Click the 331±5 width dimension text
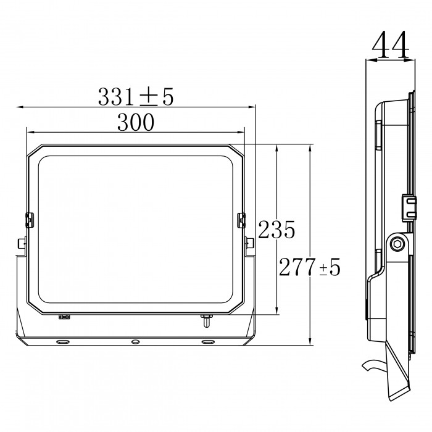(x=136, y=96)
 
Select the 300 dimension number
(x=136, y=122)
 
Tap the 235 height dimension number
(x=276, y=230)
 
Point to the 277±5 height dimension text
(x=310, y=267)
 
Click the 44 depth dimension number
(x=390, y=44)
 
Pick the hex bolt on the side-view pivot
(x=398, y=244)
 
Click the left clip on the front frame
(x=30, y=220)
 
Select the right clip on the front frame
(x=241, y=220)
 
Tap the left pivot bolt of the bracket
(x=22, y=243)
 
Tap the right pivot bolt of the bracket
(x=249, y=243)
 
